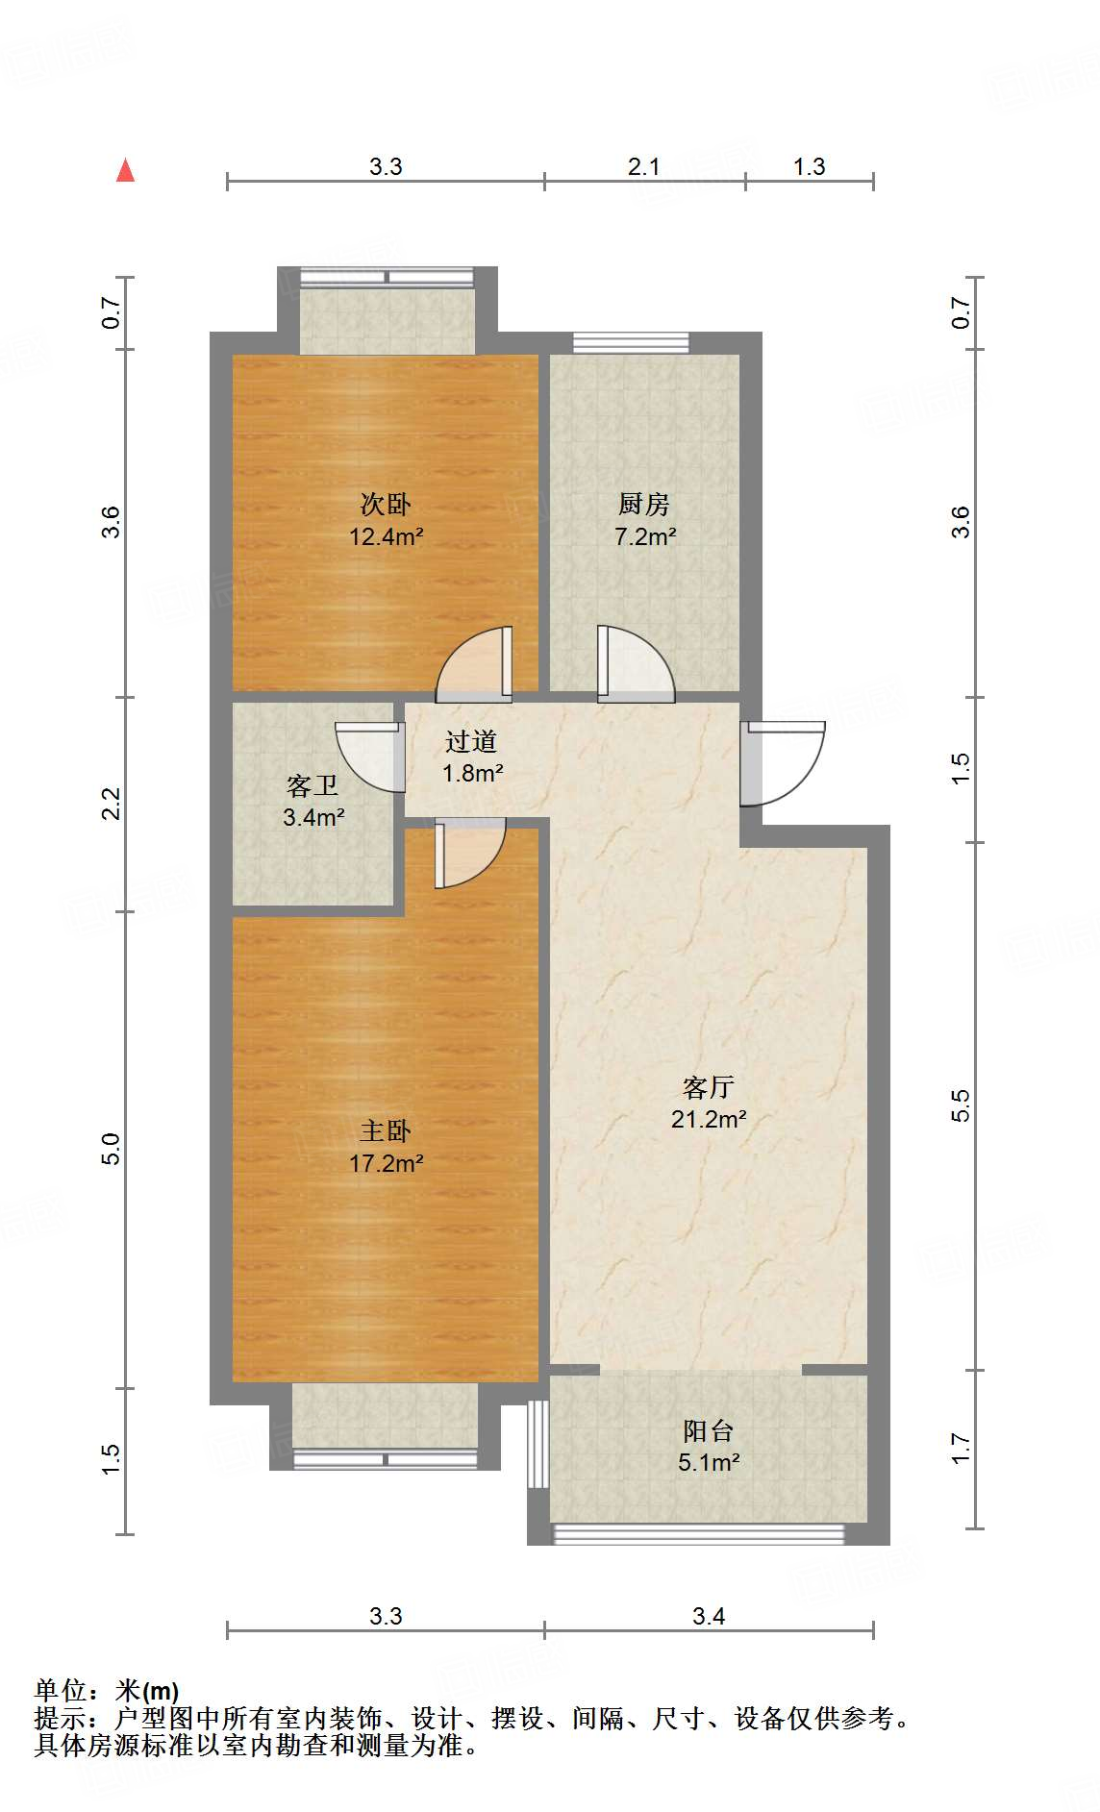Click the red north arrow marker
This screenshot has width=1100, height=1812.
tap(125, 170)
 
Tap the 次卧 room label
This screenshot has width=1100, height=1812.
tap(386, 504)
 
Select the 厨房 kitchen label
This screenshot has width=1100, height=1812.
tap(644, 504)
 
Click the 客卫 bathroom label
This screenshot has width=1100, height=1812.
tap(312, 786)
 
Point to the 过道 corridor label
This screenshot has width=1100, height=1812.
tap(471, 741)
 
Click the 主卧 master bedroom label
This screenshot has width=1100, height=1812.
tap(386, 1131)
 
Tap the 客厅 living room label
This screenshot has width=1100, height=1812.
tap(709, 1087)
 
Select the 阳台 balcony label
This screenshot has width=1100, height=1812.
tap(709, 1431)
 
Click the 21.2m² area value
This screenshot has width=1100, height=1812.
tap(709, 1119)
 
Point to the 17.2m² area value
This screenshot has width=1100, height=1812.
tap(386, 1163)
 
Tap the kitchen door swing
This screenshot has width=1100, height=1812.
tap(636, 663)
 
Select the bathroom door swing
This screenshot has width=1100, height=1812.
tap(369, 757)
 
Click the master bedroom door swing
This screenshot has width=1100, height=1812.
tap(470, 854)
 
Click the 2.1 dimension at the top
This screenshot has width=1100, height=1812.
tap(644, 166)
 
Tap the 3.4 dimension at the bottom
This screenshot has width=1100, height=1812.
tap(709, 1616)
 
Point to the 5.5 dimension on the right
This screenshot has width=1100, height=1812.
tap(961, 1105)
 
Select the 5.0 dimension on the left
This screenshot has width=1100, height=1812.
tap(112, 1150)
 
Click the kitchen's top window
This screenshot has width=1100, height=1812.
tap(631, 343)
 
